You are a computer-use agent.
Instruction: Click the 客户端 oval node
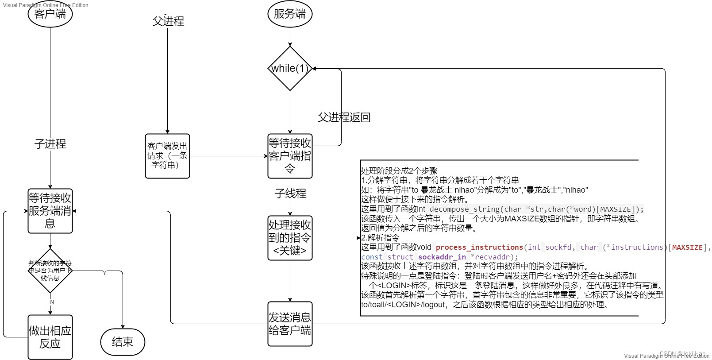coord(50,14)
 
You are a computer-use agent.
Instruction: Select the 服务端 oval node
coord(290,14)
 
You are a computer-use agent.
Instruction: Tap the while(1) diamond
coord(290,69)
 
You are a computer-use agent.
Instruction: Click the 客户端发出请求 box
coord(167,156)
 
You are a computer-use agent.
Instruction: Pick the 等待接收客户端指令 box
coord(290,156)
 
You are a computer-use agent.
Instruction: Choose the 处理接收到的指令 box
coord(290,238)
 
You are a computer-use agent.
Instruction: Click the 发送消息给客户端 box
coord(290,324)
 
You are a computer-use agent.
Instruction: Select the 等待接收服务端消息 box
coord(50,211)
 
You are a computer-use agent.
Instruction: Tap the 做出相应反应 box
coord(50,337)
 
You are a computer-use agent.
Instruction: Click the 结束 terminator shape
coord(123,342)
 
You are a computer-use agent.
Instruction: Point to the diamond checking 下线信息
coord(50,271)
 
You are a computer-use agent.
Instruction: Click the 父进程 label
coord(168,21)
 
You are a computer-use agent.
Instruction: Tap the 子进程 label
coord(50,144)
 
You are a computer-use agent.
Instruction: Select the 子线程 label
coord(290,194)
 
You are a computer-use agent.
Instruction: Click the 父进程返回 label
coord(344,117)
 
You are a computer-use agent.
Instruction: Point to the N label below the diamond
coord(52,302)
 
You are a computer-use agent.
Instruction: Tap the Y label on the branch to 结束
coord(104,273)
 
